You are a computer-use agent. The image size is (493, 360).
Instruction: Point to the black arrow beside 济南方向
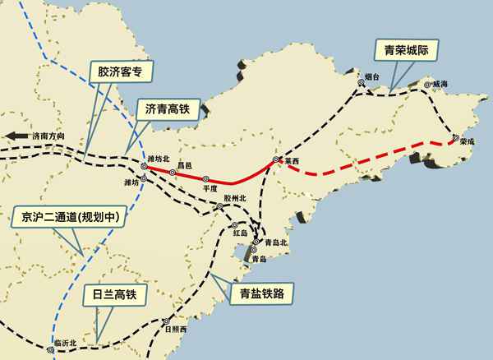point(13,136)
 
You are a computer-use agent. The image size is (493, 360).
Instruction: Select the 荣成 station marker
point(454,140)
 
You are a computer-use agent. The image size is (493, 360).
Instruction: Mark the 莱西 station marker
point(276,161)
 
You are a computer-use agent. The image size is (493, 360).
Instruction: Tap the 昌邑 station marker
point(177,173)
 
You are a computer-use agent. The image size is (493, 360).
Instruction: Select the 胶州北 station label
point(234,198)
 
